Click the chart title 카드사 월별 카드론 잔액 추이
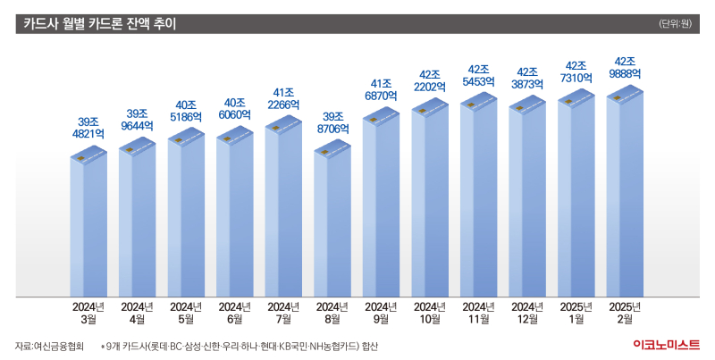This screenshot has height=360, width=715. click(99, 24)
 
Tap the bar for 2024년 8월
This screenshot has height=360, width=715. click(332, 223)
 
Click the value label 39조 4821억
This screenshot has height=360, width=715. click(88, 128)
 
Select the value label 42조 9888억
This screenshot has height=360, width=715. click(625, 68)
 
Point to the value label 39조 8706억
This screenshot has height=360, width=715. click(332, 122)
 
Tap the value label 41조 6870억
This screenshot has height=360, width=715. click(381, 88)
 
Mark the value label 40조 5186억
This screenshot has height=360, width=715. click(186, 110)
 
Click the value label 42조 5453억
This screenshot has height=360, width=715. click(478, 75)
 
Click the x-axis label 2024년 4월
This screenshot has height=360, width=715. click(137, 312)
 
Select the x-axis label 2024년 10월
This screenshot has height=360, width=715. click(429, 312)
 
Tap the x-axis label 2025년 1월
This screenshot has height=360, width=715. click(576, 312)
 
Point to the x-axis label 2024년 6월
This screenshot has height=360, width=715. click(234, 312)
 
